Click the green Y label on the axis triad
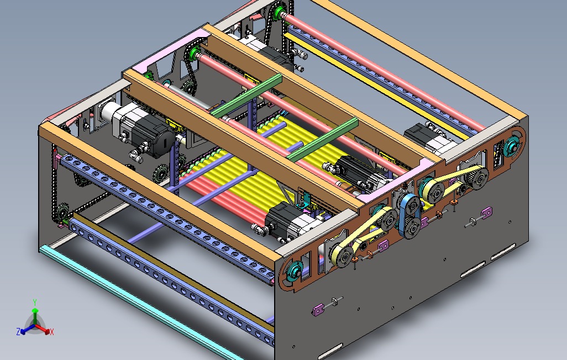(35, 302)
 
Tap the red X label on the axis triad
(52, 332)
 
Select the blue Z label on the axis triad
(18, 331)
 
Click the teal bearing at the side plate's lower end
(295, 271)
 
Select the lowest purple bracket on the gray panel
(318, 310)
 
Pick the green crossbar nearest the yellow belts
(323, 139)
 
